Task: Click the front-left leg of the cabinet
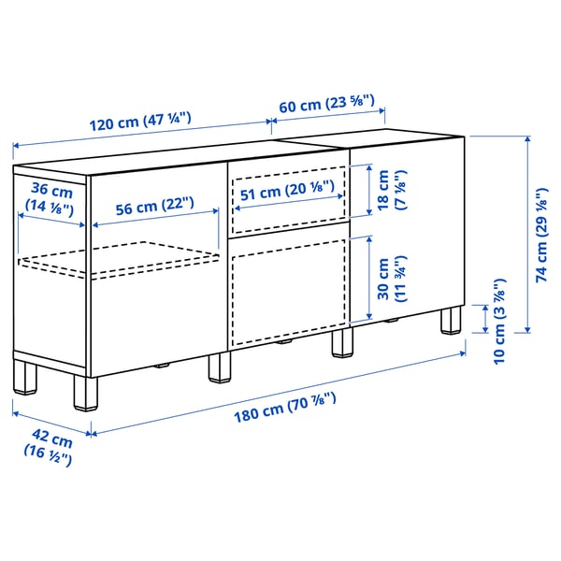pos(84,394)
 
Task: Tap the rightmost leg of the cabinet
pos(453,319)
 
